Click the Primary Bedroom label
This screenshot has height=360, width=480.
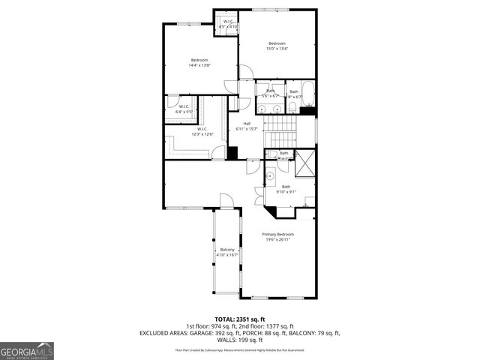(277, 237)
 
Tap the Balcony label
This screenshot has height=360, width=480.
(227, 253)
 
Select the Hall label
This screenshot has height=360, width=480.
(246, 127)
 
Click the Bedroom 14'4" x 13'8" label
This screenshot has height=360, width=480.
(199, 63)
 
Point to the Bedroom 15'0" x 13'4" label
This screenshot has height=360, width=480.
(277, 46)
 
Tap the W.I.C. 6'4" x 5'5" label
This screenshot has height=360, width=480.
(184, 109)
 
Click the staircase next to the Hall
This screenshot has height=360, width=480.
(281, 131)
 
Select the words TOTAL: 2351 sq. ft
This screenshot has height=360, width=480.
(239, 319)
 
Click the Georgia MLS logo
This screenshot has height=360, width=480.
(27, 350)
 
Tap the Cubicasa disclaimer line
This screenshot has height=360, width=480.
(239, 349)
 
